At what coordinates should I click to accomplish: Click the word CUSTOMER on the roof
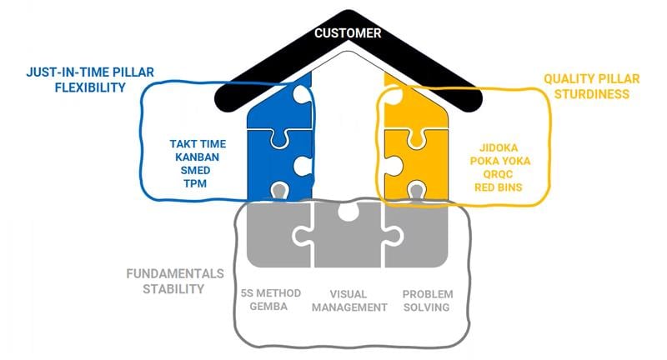(348, 33)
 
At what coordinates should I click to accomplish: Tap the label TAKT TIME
(197, 143)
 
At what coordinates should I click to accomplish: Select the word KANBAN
(197, 157)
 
